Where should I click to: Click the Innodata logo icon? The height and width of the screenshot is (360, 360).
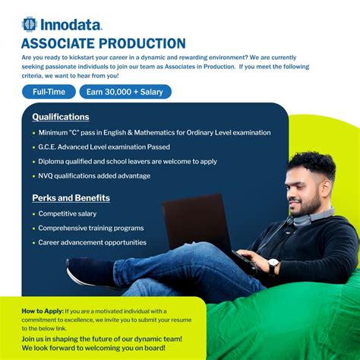click(30, 24)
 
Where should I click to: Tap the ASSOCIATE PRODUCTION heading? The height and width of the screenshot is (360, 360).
click(103, 43)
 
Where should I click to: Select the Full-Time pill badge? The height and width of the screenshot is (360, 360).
click(49, 92)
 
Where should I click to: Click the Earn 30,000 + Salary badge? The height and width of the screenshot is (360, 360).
click(125, 92)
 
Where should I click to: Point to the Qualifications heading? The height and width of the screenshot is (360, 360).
click(61, 117)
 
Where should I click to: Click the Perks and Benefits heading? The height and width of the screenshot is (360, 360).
click(71, 198)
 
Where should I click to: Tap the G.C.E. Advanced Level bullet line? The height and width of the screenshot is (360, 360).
click(104, 147)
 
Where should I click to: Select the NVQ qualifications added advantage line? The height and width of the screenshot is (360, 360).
click(94, 175)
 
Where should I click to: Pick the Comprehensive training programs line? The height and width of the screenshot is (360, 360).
click(91, 228)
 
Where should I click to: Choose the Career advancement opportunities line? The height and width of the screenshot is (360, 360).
click(93, 242)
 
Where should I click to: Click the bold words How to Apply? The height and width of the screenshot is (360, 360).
click(42, 311)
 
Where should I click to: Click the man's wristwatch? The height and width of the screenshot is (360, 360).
click(273, 265)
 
